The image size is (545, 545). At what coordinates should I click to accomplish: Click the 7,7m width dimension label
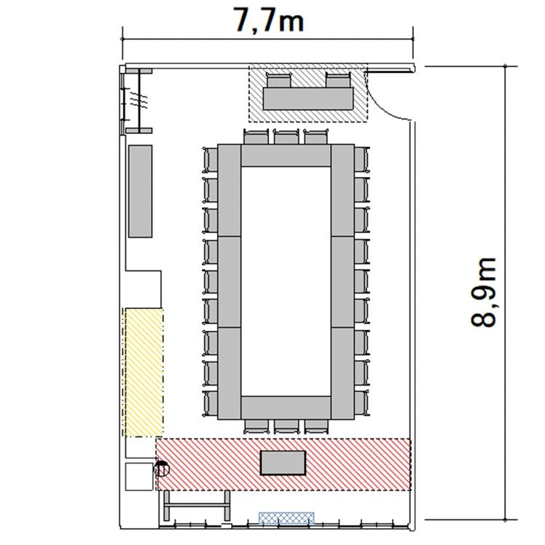(x=269, y=21)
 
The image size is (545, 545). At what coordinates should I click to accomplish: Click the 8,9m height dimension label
(x=483, y=292)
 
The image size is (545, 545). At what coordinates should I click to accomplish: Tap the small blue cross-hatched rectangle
(x=286, y=518)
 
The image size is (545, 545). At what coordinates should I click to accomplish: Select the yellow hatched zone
(x=144, y=372)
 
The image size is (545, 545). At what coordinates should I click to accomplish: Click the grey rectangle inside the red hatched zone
(x=283, y=463)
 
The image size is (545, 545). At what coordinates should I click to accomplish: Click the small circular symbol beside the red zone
(x=162, y=468)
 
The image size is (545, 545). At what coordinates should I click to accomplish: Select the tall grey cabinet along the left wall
(x=141, y=191)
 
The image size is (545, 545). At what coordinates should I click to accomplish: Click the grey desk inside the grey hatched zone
(x=308, y=98)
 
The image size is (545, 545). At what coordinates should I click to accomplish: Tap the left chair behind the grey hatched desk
(x=278, y=80)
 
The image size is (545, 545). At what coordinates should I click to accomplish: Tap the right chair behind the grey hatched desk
(x=338, y=80)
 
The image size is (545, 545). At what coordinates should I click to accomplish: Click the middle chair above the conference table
(x=286, y=136)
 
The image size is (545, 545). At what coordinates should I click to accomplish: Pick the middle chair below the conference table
(x=286, y=426)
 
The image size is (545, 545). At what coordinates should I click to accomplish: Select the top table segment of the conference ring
(x=286, y=155)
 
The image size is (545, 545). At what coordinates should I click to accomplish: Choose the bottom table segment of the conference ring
(x=286, y=407)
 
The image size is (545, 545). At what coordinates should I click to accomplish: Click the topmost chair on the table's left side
(x=211, y=160)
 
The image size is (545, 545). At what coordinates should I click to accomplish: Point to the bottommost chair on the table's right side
(x=362, y=403)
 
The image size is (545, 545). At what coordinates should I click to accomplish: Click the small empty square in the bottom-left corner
(x=139, y=477)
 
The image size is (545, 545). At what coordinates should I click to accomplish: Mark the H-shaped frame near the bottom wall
(x=197, y=505)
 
